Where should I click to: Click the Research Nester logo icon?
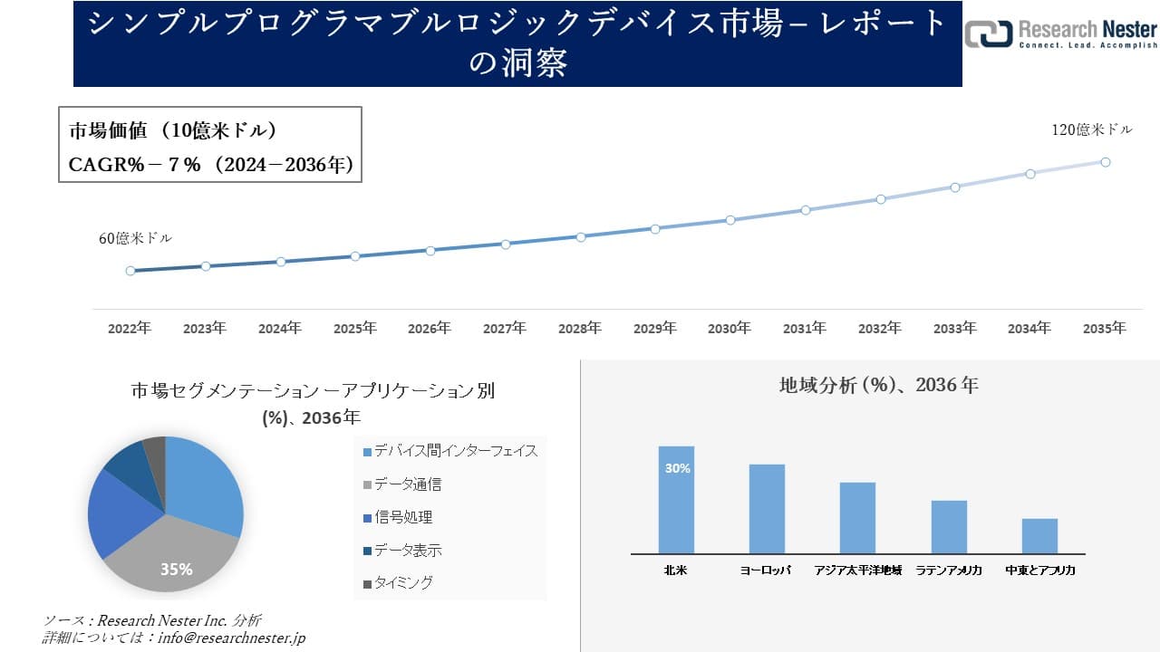point(989,34)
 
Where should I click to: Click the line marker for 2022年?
point(130,271)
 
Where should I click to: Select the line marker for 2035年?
point(1106,162)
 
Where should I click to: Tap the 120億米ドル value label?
point(1091,130)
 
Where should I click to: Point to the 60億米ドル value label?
point(135,239)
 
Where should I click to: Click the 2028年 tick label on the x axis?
point(579,329)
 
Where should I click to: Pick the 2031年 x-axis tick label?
point(804,329)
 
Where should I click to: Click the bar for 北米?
point(676,500)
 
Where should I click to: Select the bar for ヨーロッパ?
point(767,509)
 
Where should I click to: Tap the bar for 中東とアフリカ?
point(1039,536)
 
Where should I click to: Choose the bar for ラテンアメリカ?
point(949,527)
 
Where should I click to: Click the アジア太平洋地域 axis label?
point(857,570)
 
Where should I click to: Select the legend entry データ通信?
point(407,484)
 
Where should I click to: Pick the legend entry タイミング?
point(402,583)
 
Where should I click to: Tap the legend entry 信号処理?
point(402,517)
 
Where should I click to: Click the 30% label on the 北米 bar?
point(677,468)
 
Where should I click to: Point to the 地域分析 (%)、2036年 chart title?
point(878,385)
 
